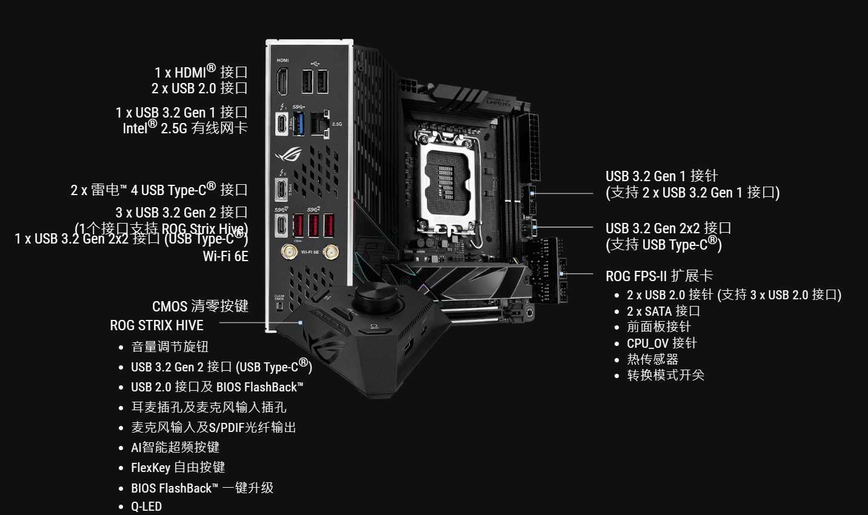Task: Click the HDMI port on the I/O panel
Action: tap(282, 82)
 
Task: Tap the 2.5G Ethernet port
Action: tap(319, 123)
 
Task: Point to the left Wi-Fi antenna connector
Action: tap(286, 251)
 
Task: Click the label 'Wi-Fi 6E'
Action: tap(225, 256)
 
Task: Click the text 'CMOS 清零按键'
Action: tap(200, 306)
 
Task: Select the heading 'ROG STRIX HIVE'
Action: tap(156, 325)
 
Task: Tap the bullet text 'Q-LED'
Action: tap(146, 507)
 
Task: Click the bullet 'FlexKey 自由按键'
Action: tap(178, 467)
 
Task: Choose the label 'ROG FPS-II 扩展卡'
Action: tap(659, 276)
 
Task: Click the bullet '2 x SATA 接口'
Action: tap(663, 311)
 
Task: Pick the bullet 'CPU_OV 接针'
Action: tap(661, 343)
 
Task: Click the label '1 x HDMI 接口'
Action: tap(201, 72)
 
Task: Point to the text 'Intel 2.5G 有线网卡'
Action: tap(185, 128)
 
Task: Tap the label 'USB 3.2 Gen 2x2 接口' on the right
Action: tap(668, 228)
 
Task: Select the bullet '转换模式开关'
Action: tap(665, 375)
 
